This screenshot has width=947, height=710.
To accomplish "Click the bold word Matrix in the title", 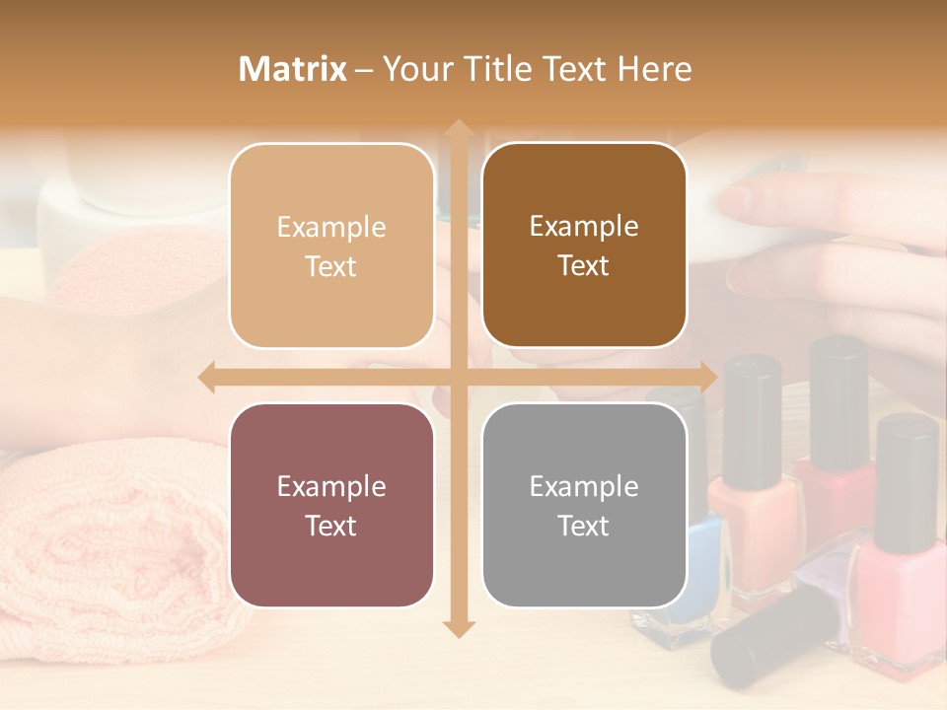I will [x=293, y=69].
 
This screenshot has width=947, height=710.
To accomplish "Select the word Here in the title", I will [x=654, y=69].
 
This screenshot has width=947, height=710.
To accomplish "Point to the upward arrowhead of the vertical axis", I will [x=457, y=129].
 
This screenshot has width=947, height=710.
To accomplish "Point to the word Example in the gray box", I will [x=584, y=486].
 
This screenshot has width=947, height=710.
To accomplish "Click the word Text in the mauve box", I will [x=331, y=526].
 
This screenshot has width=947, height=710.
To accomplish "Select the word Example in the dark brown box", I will [x=584, y=226].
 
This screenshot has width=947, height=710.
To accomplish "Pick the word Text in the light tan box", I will [x=331, y=266].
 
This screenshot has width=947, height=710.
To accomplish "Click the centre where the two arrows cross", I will [x=457, y=377].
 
